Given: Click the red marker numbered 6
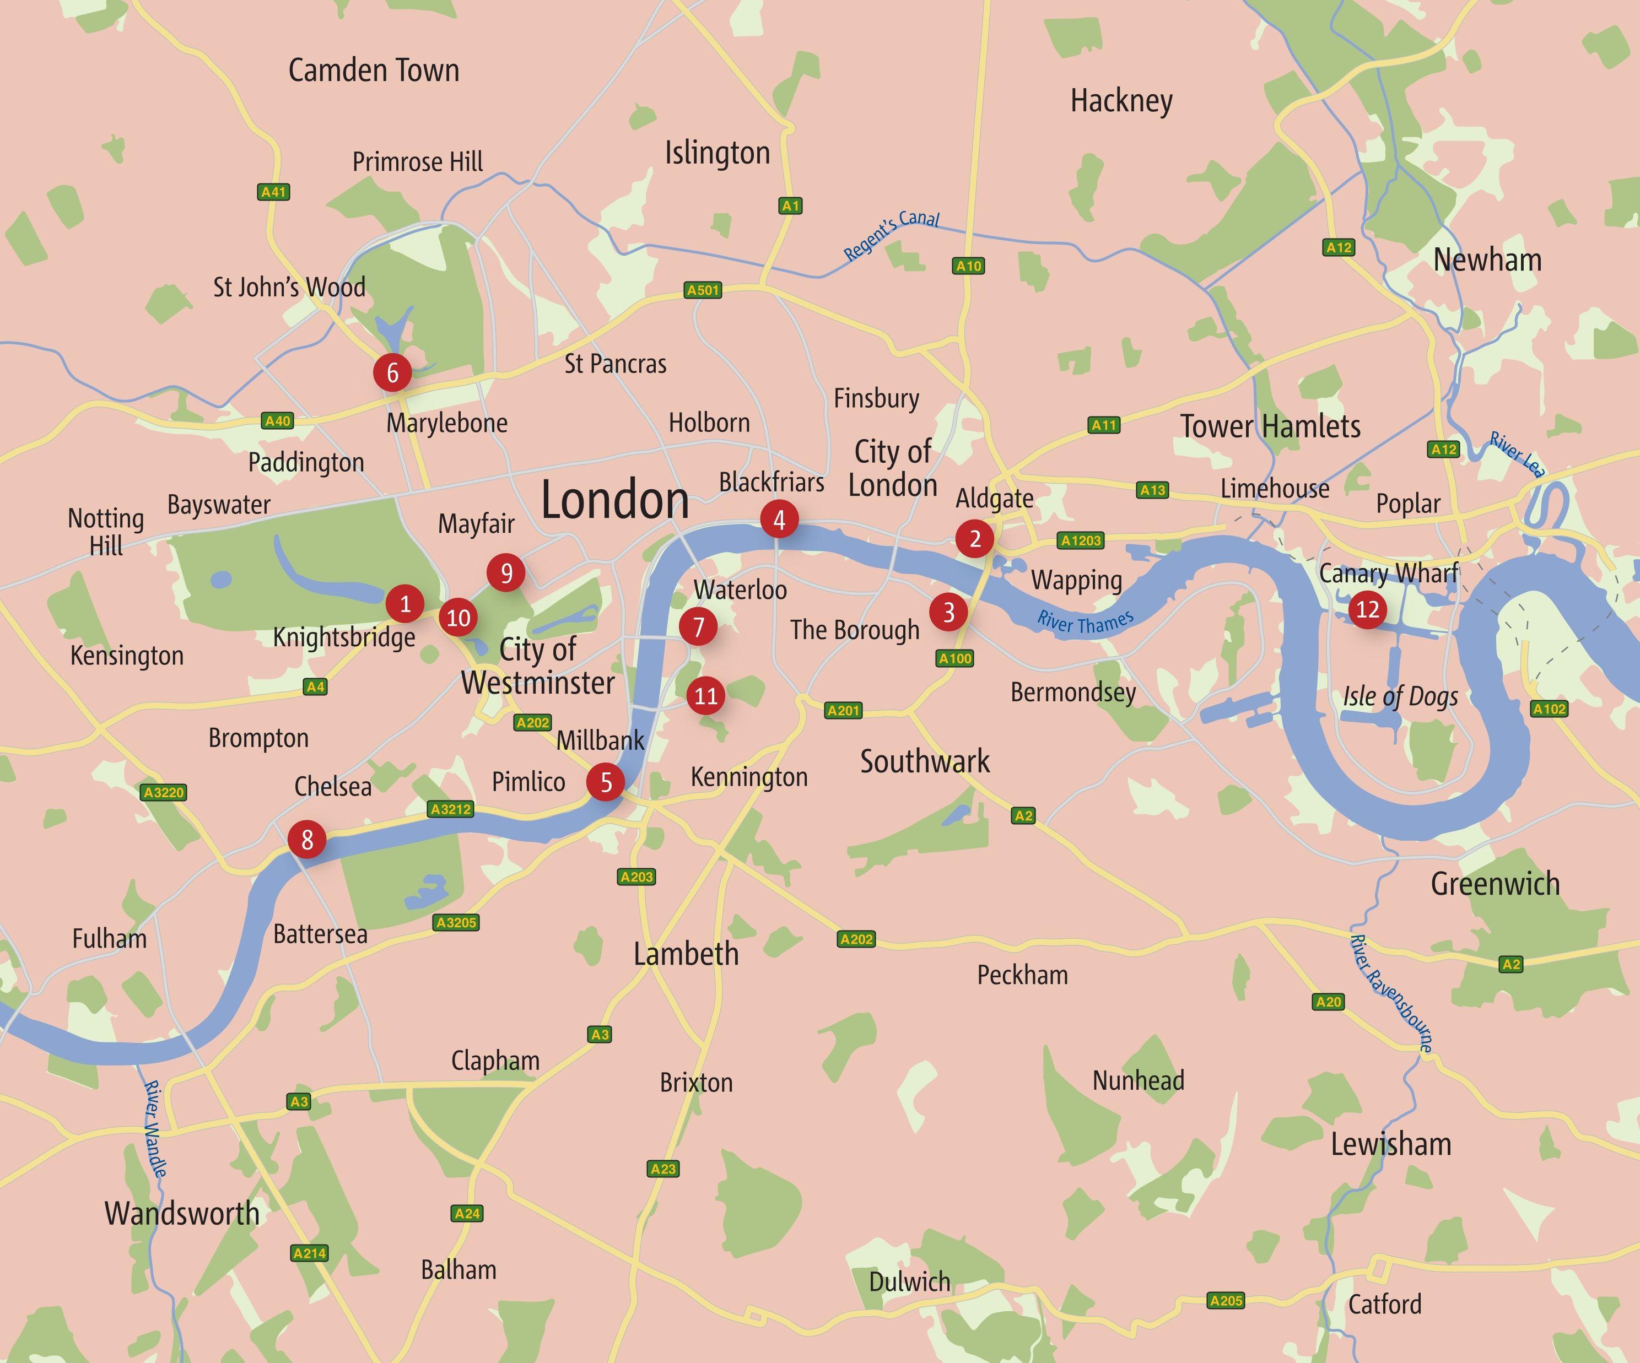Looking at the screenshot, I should tap(392, 372).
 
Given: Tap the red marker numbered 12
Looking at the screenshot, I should tap(1367, 609).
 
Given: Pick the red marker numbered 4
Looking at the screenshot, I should tap(779, 519).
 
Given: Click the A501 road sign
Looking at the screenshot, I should tap(703, 290).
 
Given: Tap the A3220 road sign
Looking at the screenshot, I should tap(164, 792).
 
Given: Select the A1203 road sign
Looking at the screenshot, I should tap(1081, 540).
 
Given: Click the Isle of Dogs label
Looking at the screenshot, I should tap(1400, 696).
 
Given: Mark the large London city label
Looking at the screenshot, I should tap(614, 500).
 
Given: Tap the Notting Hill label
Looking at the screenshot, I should tap(106, 532).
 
